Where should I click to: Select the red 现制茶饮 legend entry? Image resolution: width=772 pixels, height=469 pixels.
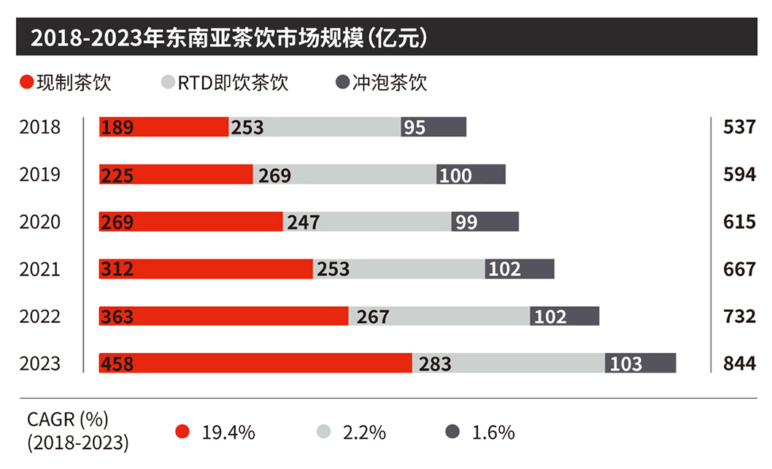pyautogui.click(x=66, y=82)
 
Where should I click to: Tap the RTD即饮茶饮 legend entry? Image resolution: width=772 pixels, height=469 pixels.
pyautogui.click(x=225, y=82)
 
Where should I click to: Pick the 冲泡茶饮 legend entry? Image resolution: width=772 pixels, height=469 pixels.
pyautogui.click(x=381, y=82)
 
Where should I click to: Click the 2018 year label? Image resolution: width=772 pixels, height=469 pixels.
pyautogui.click(x=40, y=127)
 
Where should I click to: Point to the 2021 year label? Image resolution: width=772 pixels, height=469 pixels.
pyautogui.click(x=40, y=270)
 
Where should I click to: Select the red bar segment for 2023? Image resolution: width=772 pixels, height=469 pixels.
pyautogui.click(x=255, y=363)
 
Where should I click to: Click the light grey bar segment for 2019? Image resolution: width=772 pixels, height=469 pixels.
pyautogui.click(x=344, y=175)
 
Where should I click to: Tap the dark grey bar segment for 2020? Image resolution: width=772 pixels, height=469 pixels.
pyautogui.click(x=485, y=221)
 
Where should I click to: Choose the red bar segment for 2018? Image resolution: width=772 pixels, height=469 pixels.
pyautogui.click(x=164, y=127)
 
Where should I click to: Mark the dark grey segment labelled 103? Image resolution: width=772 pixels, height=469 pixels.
pyautogui.click(x=640, y=363)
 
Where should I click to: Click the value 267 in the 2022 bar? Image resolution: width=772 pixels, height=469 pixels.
pyautogui.click(x=372, y=316)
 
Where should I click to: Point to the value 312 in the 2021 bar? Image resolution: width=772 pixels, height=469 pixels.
pyautogui.click(x=117, y=270)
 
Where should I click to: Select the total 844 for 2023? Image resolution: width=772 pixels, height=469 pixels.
pyautogui.click(x=739, y=363)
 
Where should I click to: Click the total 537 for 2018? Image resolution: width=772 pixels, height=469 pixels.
pyautogui.click(x=739, y=127)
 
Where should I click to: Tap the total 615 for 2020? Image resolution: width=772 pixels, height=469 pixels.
pyautogui.click(x=739, y=221)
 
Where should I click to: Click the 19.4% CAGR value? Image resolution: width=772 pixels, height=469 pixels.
pyautogui.click(x=228, y=432)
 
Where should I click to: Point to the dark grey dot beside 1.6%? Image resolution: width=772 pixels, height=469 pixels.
pyautogui.click(x=452, y=432)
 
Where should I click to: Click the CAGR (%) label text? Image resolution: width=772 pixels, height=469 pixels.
pyautogui.click(x=67, y=420)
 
